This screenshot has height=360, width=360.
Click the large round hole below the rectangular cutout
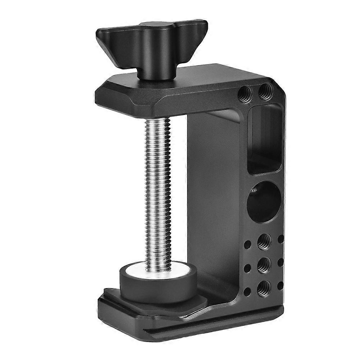[264, 201]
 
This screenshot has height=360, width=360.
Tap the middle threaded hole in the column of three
[264, 264]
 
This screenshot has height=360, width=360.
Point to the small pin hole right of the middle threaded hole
[281, 262]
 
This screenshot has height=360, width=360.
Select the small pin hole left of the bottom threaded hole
[247, 291]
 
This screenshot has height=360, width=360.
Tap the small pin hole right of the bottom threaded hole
[281, 285]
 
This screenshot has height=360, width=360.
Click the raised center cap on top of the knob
[153, 25]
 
